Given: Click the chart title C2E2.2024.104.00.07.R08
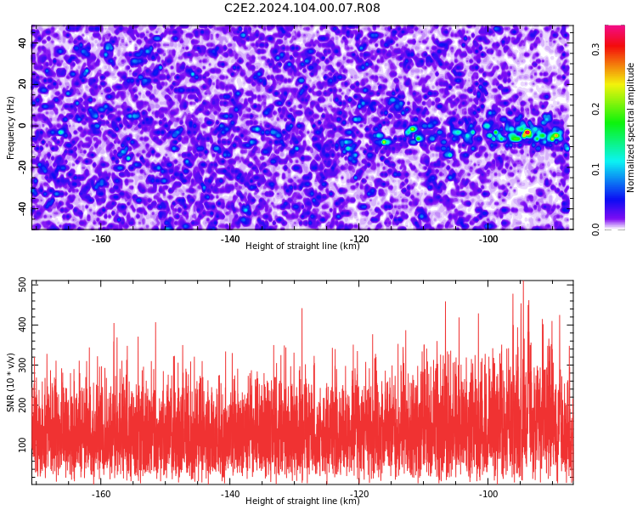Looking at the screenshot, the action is (x=302, y=8).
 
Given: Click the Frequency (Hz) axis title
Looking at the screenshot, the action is (x=10, y=127).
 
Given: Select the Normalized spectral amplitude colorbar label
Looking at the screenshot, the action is (x=630, y=127).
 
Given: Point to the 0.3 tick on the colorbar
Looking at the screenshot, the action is (x=595, y=49).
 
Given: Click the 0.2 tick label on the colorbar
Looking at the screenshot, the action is (x=595, y=109).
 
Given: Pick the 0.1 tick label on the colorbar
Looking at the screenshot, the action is (x=595, y=170).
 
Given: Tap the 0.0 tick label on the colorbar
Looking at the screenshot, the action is (x=595, y=229).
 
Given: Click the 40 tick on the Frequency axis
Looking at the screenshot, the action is (x=23, y=43).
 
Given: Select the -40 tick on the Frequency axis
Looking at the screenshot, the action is (x=23, y=209).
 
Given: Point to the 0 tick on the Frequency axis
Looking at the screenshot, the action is (x=23, y=126).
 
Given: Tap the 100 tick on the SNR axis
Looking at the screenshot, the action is (x=23, y=445).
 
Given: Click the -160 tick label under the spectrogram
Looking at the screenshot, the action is (x=101, y=239).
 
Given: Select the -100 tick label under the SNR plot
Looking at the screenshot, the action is (x=488, y=494).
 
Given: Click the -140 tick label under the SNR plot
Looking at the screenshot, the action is (x=230, y=494).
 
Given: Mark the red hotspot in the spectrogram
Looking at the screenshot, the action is (x=527, y=133).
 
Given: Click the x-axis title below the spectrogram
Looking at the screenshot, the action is (x=302, y=246).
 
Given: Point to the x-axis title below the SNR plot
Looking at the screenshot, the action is (x=302, y=501).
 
